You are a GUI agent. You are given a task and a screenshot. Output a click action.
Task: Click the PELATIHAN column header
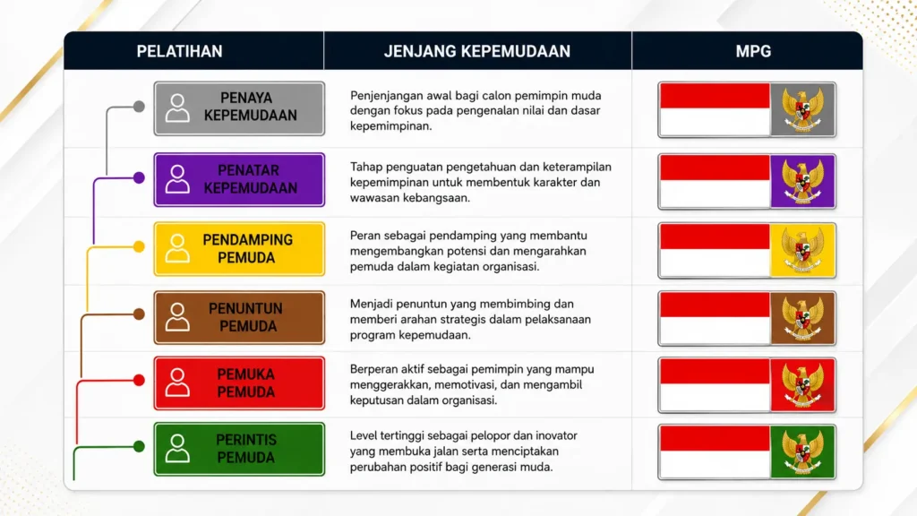coord(179,51)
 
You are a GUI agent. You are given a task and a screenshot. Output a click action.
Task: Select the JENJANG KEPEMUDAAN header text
coord(476,51)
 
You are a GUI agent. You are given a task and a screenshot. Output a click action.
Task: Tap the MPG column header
coord(753,51)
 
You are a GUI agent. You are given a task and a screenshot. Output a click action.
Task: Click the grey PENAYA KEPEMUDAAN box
coord(239,108)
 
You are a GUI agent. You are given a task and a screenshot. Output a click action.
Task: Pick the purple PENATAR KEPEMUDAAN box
coord(239,179)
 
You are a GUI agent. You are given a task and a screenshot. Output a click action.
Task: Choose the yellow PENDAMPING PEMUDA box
coord(239,249)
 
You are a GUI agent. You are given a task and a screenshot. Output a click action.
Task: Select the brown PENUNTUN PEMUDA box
coord(239,317)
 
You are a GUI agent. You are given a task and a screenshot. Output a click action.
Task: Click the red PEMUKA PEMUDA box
coord(239,383)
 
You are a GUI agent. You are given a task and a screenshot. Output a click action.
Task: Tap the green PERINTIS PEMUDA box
coord(239,450)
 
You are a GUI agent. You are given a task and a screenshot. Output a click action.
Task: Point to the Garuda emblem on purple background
coord(803,181)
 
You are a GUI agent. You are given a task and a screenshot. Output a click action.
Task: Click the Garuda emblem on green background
coord(803,452)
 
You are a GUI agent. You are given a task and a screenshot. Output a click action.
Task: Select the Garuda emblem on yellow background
coord(803,251)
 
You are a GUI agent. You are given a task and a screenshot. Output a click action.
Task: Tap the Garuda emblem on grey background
coord(803,110)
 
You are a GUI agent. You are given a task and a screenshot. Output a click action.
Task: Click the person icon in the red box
coord(177,383)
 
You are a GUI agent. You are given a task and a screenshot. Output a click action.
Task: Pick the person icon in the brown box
coord(177,317)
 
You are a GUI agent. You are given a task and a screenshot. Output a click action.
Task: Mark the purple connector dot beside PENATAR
coord(139,177)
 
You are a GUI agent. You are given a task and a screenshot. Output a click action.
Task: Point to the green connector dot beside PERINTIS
coord(139,446)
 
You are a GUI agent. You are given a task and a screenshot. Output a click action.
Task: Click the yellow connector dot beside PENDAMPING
coord(139,246)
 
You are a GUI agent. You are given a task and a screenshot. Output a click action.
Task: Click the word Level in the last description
coord(364,436)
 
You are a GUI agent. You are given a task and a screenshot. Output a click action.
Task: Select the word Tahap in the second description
coord(365,168)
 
